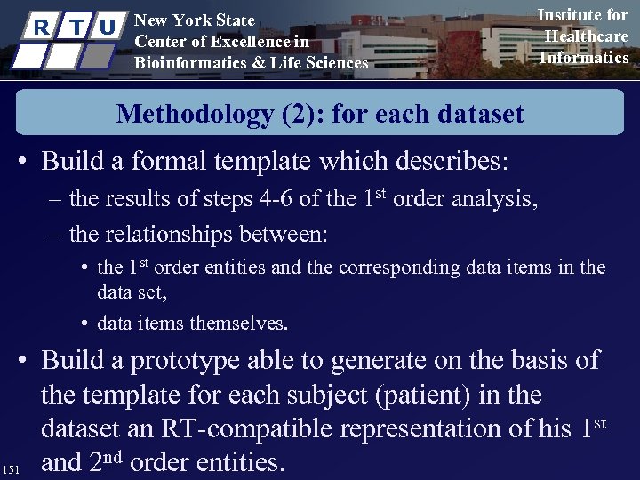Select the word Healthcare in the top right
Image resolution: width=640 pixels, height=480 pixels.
tap(586, 36)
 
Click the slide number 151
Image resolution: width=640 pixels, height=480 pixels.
tap(12, 468)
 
